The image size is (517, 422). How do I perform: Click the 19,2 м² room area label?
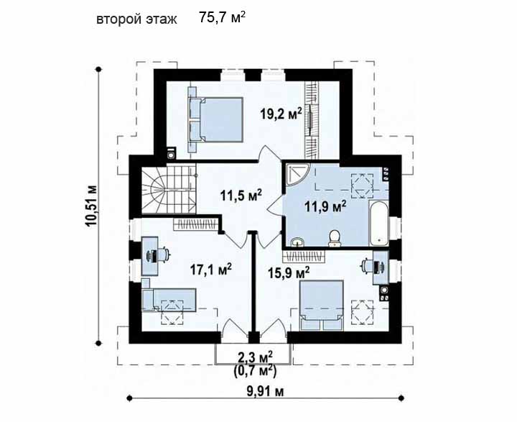pyautogui.click(x=281, y=114)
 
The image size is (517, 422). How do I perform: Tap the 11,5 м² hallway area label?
pyautogui.click(x=241, y=196)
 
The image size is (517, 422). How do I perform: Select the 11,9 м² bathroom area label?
pyautogui.click(x=325, y=207)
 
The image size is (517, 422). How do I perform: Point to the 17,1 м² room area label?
pyautogui.click(x=210, y=270)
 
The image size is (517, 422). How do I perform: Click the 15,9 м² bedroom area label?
pyautogui.click(x=289, y=272)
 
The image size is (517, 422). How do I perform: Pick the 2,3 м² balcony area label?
pyautogui.click(x=255, y=357)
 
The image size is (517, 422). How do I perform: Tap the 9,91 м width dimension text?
pyautogui.click(x=265, y=391)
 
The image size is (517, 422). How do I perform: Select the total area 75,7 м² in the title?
pyautogui.click(x=222, y=17)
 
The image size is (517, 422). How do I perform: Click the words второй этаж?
pyautogui.click(x=137, y=19)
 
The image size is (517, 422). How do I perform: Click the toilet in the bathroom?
pyautogui.click(x=335, y=238)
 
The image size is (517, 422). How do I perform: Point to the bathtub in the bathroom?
pyautogui.click(x=378, y=223)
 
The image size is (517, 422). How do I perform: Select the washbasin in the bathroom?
pyautogui.click(x=299, y=242)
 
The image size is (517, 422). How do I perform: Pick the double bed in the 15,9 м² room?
pyautogui.click(x=321, y=305)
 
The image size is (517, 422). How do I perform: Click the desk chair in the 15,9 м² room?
pyautogui.click(x=373, y=266)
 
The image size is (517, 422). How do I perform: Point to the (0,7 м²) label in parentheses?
pyautogui.click(x=255, y=371)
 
